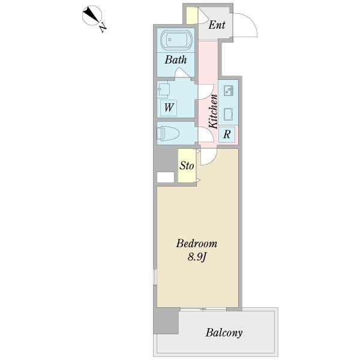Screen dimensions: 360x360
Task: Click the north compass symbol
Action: click(92, 16)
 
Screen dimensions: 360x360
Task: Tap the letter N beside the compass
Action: click(103, 28)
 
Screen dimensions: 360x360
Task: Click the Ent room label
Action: click(217, 25)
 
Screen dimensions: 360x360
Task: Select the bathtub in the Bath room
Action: click(176, 40)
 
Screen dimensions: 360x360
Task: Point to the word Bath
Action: click(176, 59)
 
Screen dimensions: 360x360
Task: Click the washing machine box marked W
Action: click(169, 108)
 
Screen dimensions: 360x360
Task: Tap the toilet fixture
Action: click(168, 133)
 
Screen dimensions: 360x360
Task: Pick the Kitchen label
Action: click(213, 111)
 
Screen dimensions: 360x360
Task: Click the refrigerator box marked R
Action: click(227, 134)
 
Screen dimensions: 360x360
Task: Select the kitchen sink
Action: click(229, 91)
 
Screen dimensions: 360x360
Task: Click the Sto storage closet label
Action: click(187, 166)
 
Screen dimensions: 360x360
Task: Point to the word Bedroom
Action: click(197, 244)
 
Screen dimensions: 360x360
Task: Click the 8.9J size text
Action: click(197, 257)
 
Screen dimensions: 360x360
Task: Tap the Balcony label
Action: click(224, 332)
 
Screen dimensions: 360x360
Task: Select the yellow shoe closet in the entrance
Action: click(192, 16)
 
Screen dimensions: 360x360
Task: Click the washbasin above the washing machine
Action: click(164, 89)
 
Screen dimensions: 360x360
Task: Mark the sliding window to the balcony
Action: click(203, 309)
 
